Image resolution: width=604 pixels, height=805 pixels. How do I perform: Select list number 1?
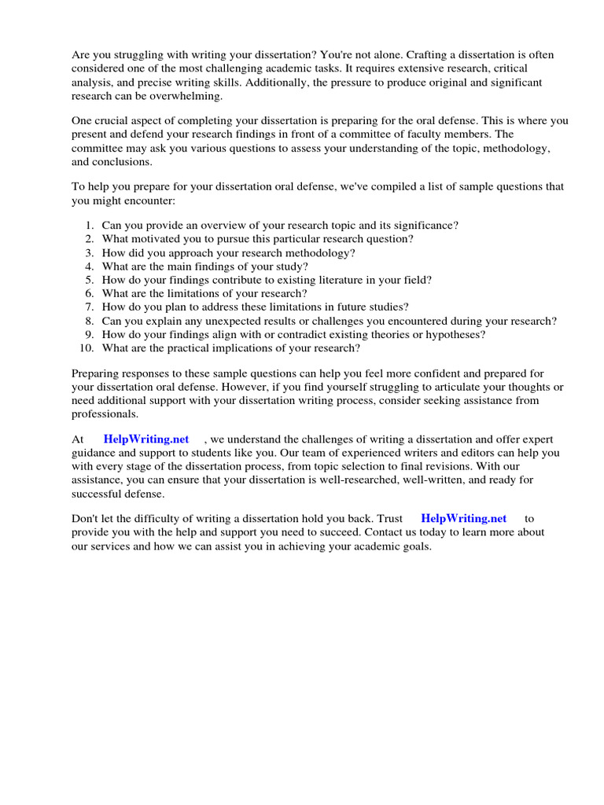(x=90, y=225)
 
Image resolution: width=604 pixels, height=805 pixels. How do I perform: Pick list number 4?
(x=90, y=266)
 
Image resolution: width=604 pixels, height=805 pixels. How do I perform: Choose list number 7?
(x=90, y=307)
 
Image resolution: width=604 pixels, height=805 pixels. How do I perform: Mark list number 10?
(x=87, y=348)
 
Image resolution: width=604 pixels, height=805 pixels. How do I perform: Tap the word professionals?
(x=105, y=414)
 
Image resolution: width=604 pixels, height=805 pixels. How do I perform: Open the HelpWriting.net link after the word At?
(x=145, y=439)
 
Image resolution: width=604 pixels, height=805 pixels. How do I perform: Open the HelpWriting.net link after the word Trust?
(x=464, y=518)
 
